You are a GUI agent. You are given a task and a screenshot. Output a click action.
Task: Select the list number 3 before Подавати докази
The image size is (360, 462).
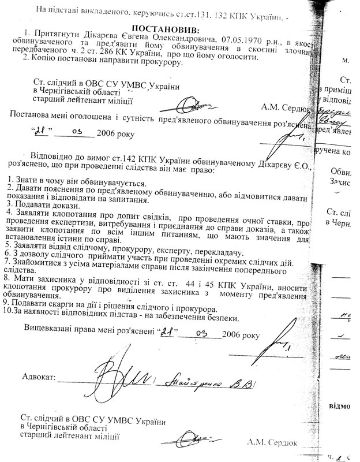point(3,206)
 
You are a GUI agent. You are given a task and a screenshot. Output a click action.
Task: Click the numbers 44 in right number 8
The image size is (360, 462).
point(187,284)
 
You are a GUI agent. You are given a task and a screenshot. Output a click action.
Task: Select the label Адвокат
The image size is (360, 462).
point(37,377)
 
